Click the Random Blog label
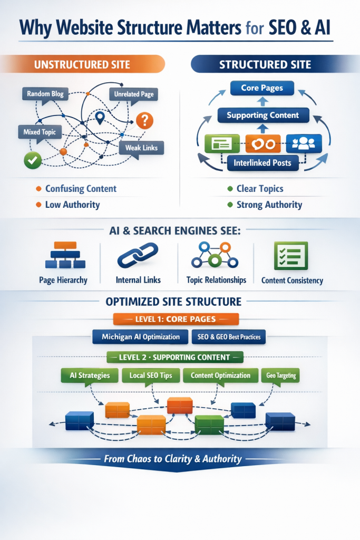point(46,94)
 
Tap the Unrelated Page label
point(134,94)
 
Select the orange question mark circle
point(144,120)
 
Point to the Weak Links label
point(141,148)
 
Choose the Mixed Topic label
point(40,131)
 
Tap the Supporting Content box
point(262,115)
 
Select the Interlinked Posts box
point(262,163)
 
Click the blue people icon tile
point(304,143)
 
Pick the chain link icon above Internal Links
point(138,256)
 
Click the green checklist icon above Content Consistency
point(290,256)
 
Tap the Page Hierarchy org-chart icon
point(63,256)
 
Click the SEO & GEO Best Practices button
point(229,337)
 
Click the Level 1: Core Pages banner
point(176,320)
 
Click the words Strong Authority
point(269,205)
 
